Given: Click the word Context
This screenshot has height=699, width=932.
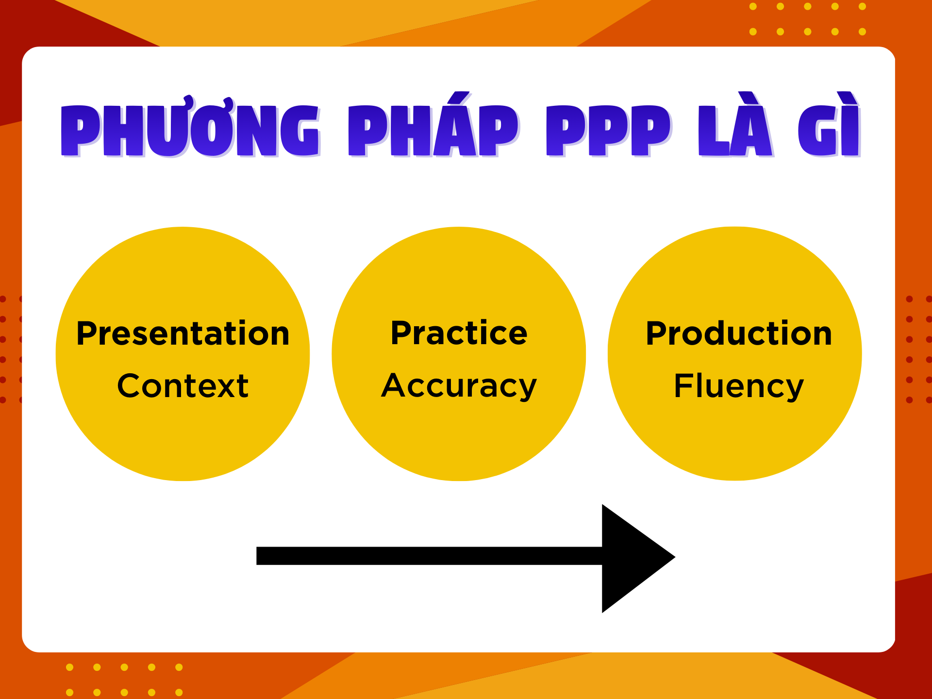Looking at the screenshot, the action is point(183,386).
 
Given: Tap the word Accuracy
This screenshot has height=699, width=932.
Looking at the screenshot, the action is point(459,387).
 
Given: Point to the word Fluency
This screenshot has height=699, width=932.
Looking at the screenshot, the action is point(739,387).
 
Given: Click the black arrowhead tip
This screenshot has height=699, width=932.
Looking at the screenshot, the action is point(675,557).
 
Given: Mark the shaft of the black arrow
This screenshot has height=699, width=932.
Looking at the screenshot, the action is point(429,556).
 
